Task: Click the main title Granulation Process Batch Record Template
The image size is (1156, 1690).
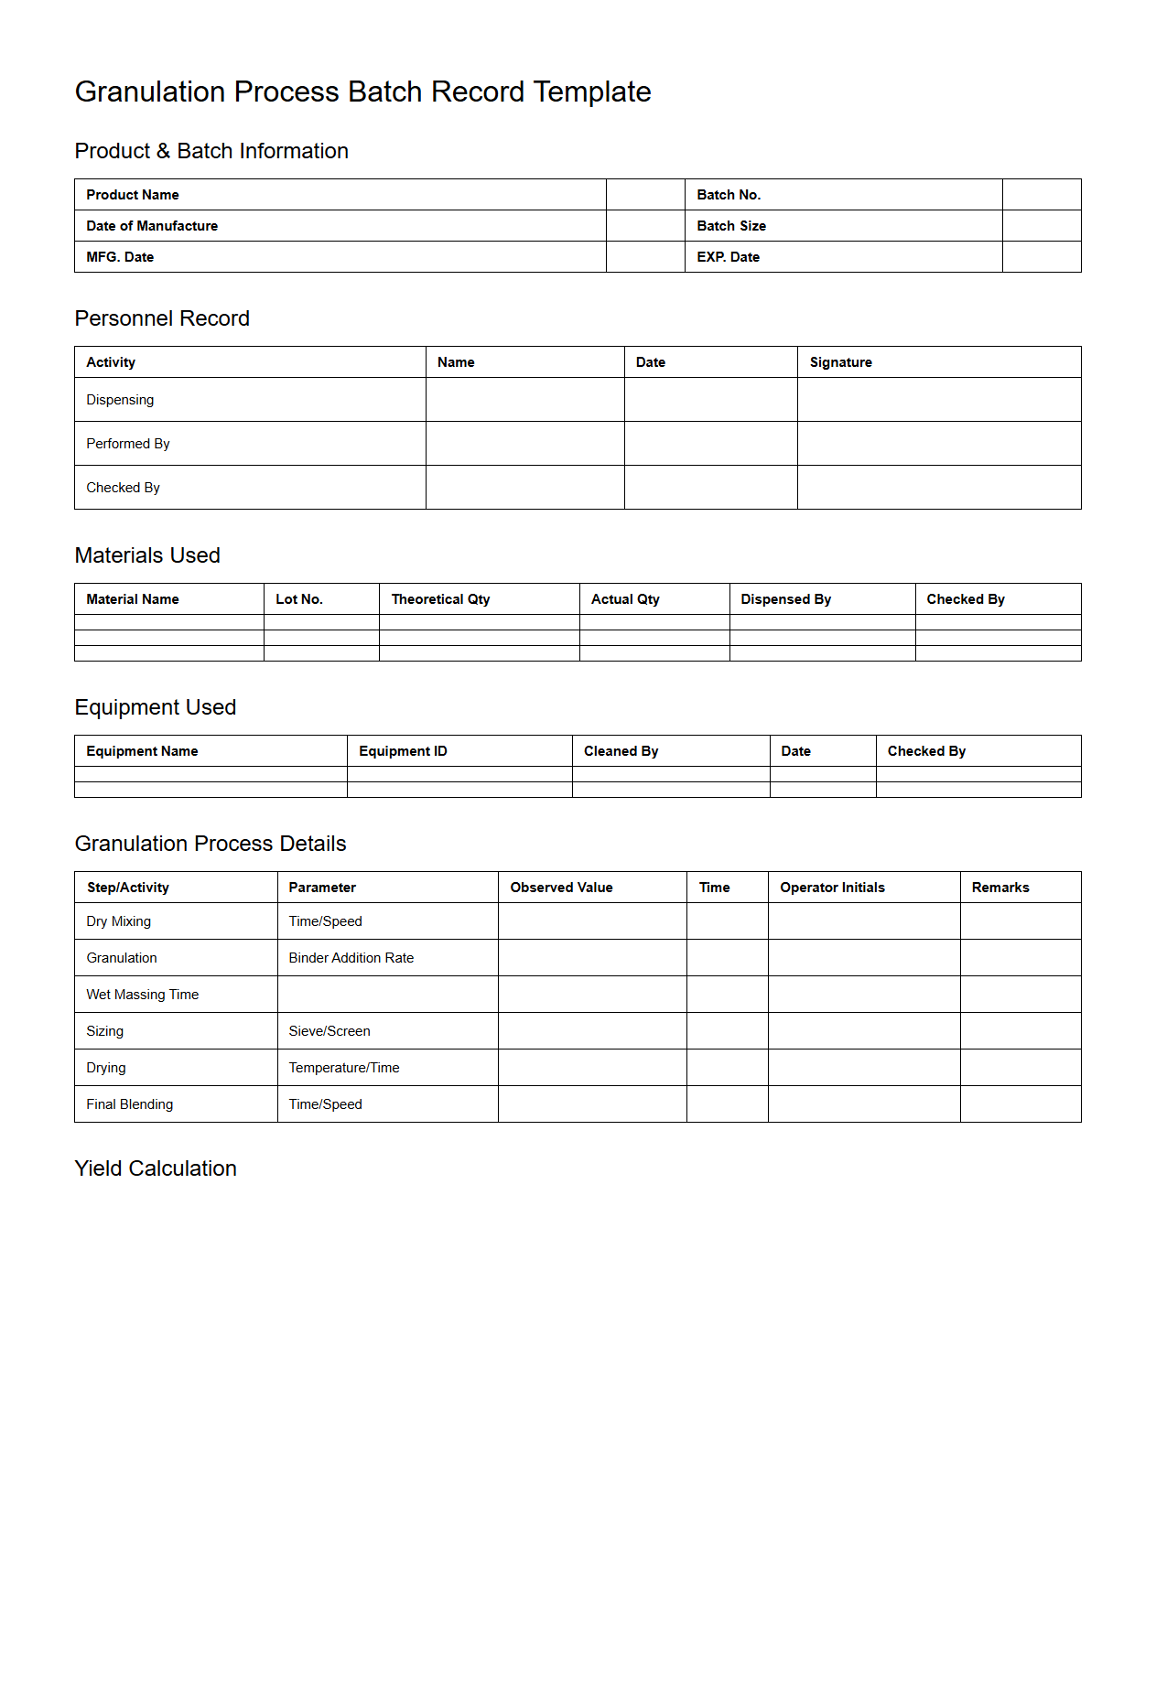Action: tap(362, 91)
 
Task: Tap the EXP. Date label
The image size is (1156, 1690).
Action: tap(728, 257)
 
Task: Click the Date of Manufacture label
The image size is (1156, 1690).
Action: tap(152, 226)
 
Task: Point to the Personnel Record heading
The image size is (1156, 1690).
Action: tap(162, 318)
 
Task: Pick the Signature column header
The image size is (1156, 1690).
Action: tap(840, 362)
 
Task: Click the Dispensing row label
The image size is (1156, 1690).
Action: tap(120, 400)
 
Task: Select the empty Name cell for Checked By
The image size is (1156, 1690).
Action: tap(524, 488)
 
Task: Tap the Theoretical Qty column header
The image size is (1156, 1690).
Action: tap(440, 599)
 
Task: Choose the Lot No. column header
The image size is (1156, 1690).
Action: tap(299, 599)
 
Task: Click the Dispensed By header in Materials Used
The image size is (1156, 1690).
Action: tap(785, 599)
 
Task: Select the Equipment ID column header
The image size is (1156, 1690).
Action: tap(403, 751)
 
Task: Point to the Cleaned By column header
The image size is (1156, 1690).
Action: tap(621, 751)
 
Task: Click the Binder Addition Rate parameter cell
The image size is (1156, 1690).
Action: tap(351, 958)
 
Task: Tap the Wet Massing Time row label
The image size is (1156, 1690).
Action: tap(142, 995)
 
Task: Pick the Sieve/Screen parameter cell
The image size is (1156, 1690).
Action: tap(330, 1031)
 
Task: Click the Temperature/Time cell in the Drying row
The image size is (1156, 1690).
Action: tap(344, 1068)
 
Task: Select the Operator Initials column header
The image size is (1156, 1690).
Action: tap(832, 888)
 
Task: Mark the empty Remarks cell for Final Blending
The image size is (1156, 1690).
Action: tap(1020, 1104)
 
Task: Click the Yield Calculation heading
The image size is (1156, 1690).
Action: tap(156, 1168)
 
